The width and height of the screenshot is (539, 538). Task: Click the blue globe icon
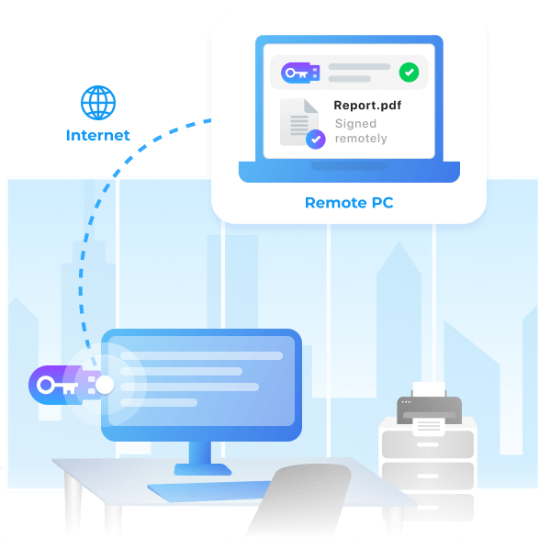click(98, 103)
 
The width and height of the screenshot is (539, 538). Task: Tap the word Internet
click(98, 135)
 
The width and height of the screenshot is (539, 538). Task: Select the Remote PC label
click(349, 203)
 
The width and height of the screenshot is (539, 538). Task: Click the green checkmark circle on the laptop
click(409, 73)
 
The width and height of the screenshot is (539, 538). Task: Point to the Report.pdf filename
click(367, 106)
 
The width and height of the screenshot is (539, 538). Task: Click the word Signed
click(355, 123)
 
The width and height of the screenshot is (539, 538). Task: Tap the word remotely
click(361, 139)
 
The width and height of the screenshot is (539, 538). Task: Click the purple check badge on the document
click(316, 140)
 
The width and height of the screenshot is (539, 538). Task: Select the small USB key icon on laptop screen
click(300, 73)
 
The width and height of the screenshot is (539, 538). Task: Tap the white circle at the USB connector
click(105, 385)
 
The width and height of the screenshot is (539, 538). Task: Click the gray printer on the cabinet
click(429, 410)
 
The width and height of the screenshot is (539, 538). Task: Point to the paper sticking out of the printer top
click(429, 389)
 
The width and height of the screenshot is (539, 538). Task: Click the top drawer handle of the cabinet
click(427, 444)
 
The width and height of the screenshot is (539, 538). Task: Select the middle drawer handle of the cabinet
click(427, 476)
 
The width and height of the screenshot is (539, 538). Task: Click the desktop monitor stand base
click(203, 469)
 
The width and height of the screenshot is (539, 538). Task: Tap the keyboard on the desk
click(209, 491)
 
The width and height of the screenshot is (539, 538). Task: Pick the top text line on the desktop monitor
click(201, 356)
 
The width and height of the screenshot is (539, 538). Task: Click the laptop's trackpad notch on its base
click(349, 165)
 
